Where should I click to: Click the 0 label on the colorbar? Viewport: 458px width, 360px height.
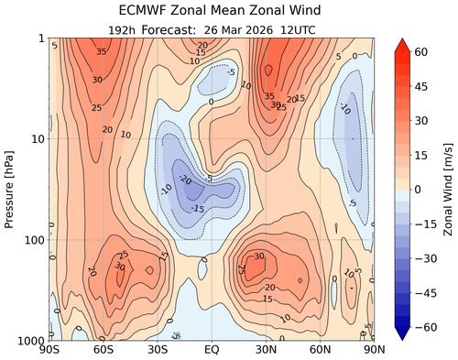421,189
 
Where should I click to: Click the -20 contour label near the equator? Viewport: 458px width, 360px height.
187,180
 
